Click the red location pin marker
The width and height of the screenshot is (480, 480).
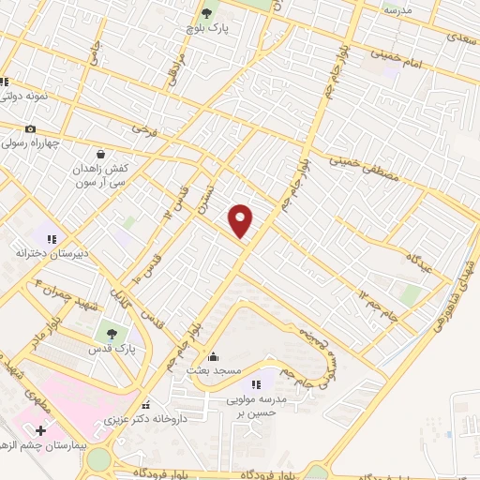coord(242,219)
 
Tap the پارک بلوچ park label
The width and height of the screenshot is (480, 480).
coord(206,28)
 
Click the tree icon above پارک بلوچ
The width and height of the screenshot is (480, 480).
coord(206,13)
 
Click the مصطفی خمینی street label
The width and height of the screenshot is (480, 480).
coord(355,163)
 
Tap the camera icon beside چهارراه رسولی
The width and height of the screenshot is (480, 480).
coord(31,129)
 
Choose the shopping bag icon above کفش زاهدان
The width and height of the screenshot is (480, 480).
coord(100,154)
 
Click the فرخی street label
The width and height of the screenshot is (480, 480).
coord(141,124)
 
